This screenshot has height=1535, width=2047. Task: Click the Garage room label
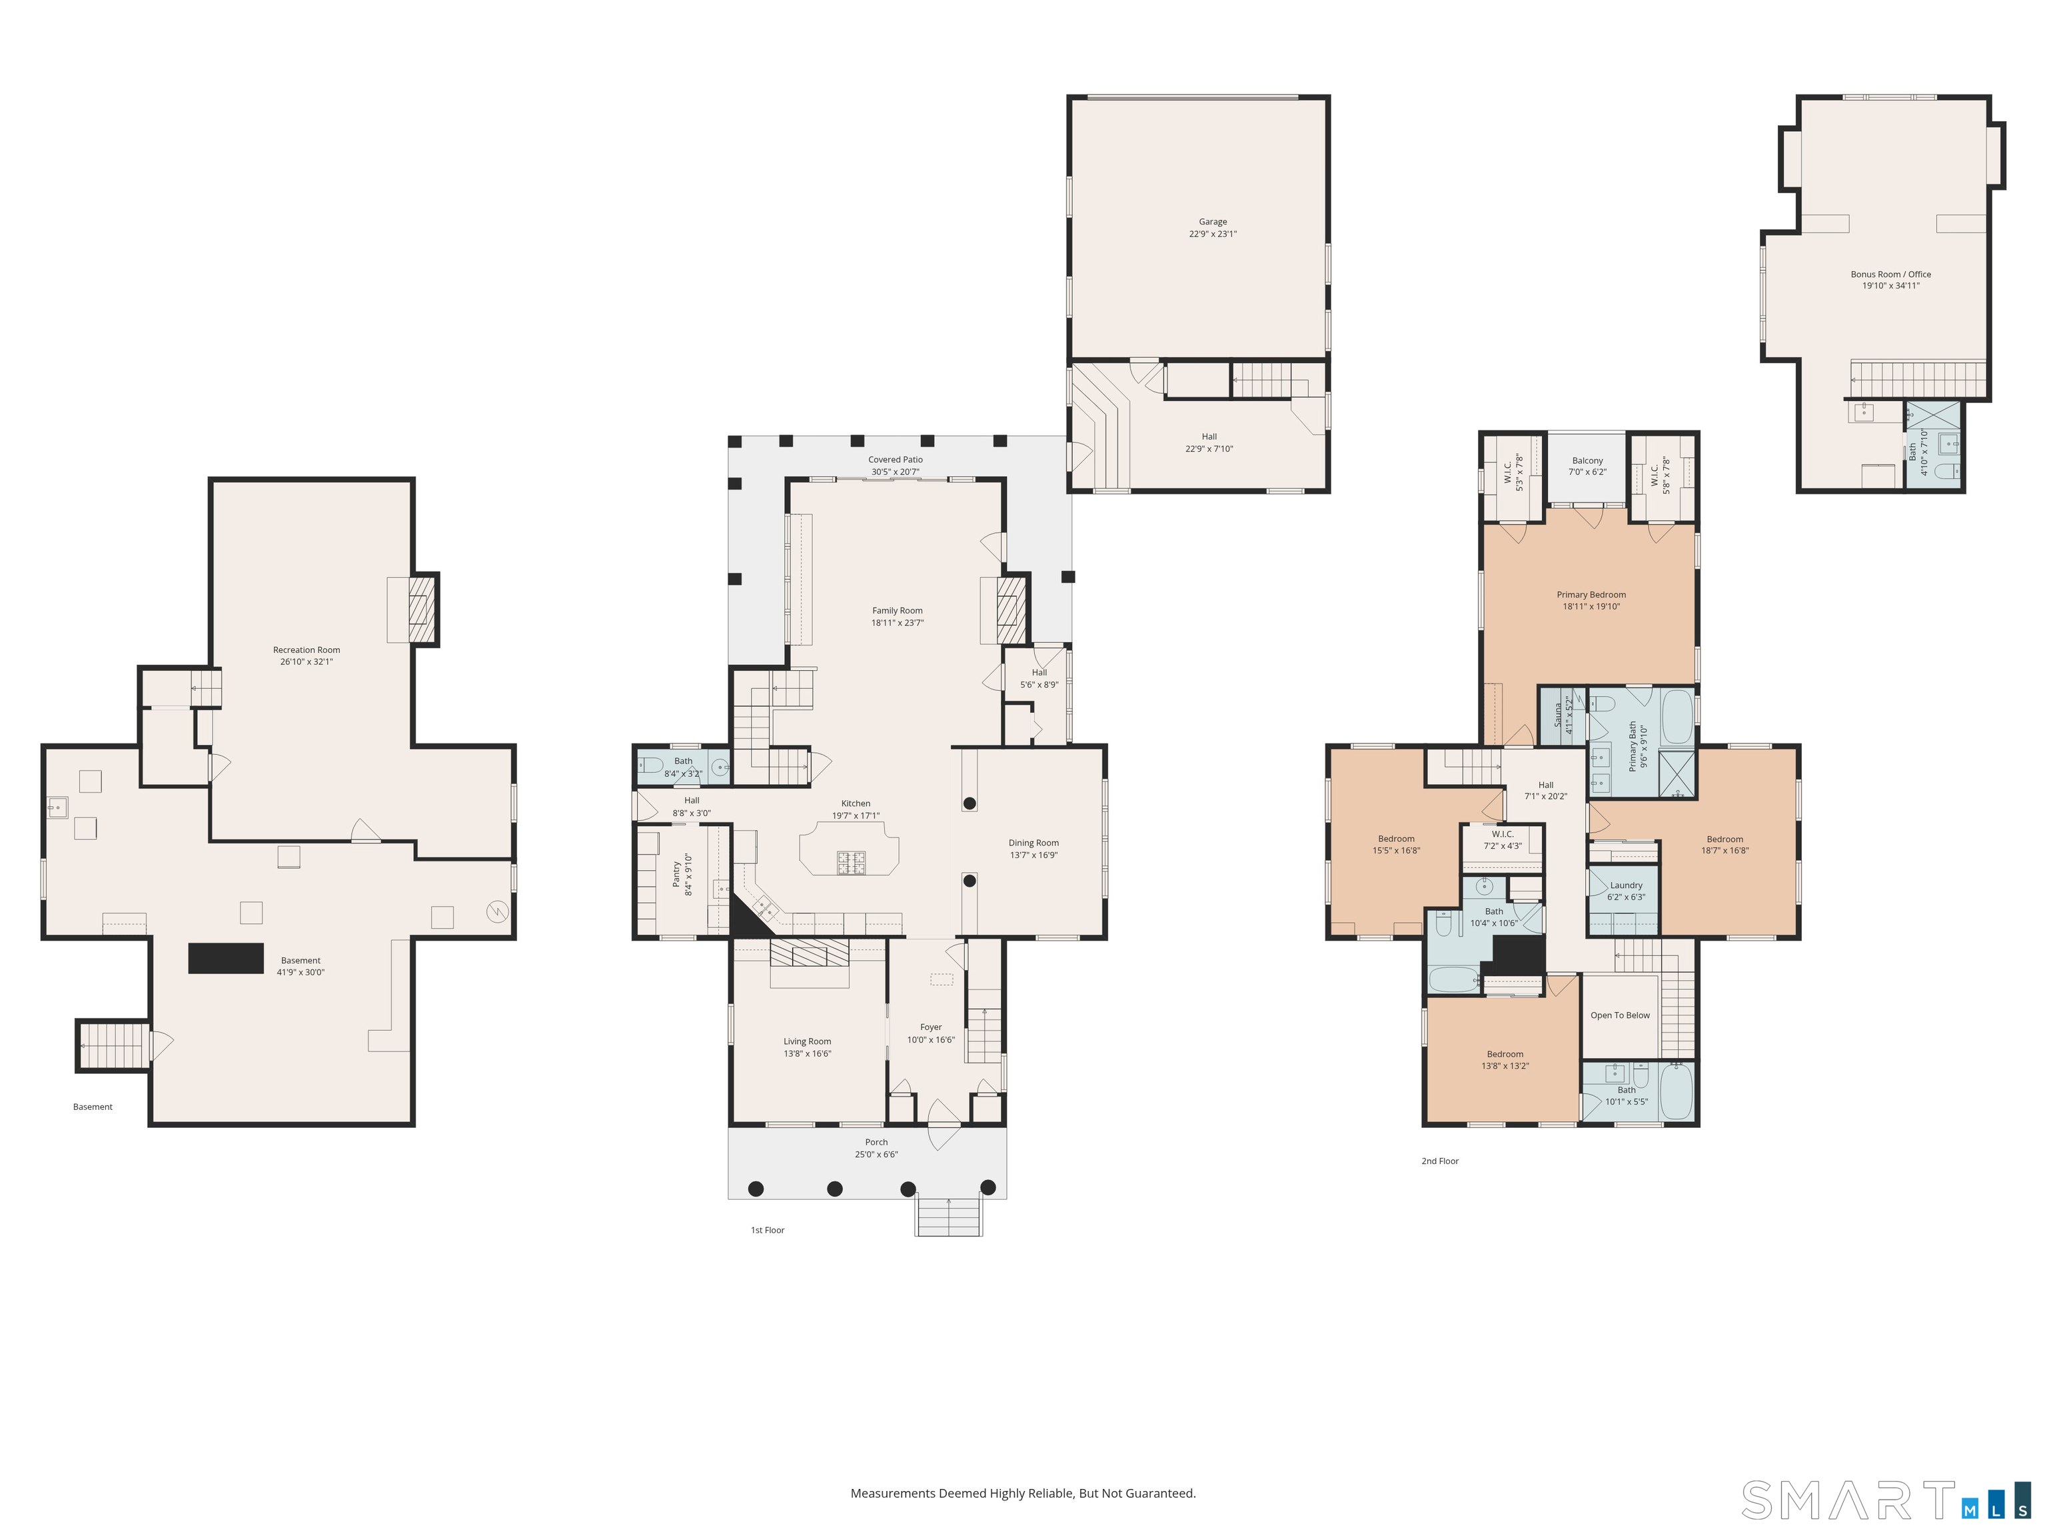tap(1212, 222)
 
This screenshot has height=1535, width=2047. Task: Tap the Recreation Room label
tap(307, 650)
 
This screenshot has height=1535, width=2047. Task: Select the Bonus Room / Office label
tap(1890, 274)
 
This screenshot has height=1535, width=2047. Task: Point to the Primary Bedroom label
tap(1591, 595)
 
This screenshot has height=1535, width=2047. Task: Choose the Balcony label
tap(1587, 461)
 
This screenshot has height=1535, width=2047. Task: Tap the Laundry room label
tap(1626, 885)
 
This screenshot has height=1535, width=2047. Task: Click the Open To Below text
tap(1619, 1015)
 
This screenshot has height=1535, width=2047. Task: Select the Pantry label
tap(676, 874)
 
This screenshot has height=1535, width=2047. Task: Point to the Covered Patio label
tap(895, 460)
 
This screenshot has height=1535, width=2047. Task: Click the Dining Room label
tap(1033, 843)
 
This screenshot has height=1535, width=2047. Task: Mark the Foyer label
tap(931, 1027)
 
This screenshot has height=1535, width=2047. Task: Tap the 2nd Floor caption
tap(1440, 1161)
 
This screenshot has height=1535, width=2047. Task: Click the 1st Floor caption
tap(767, 1231)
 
